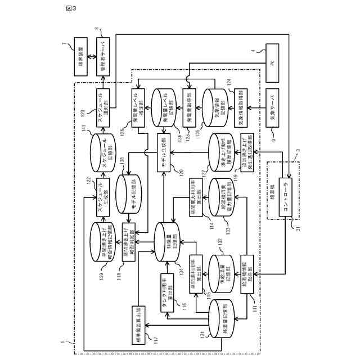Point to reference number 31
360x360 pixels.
click(x=294, y=227)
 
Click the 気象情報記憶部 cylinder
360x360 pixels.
click(x=214, y=106)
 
